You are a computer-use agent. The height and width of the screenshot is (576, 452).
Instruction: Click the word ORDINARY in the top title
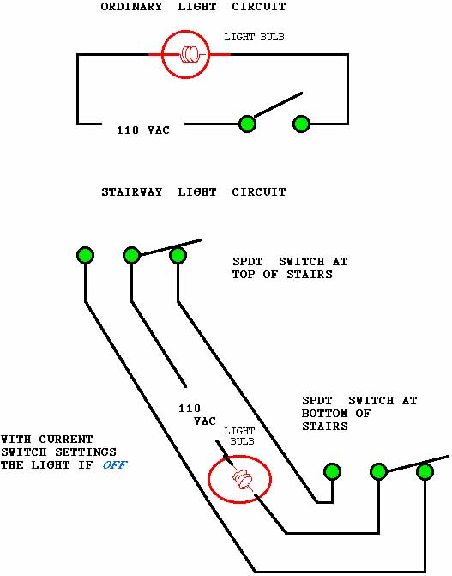[x=131, y=7]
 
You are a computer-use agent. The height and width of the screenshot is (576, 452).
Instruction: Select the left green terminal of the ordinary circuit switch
[x=247, y=124]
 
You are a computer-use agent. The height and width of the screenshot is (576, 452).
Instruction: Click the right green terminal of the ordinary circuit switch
[x=301, y=124]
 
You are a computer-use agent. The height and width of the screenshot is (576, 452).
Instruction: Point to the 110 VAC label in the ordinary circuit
[x=143, y=130]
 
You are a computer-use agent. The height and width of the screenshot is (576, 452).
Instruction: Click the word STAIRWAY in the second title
[x=132, y=192]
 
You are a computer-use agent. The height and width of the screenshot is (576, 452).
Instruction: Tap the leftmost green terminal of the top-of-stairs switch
[x=85, y=255]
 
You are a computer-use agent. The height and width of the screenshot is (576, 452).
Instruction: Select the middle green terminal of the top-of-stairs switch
[x=131, y=255]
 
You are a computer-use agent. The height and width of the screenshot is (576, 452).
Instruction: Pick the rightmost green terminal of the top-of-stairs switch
[x=178, y=255]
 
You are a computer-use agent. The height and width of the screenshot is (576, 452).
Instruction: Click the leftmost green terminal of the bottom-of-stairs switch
[x=332, y=471]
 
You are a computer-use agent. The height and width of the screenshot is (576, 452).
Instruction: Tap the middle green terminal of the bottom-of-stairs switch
[x=378, y=471]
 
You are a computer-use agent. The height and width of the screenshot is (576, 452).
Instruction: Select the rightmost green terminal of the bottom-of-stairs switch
[x=425, y=471]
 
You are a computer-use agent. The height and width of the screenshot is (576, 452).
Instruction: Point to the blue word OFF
[x=115, y=465]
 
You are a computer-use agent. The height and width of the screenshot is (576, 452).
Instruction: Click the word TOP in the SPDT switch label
[x=244, y=275]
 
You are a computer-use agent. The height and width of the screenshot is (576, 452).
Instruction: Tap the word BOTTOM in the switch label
[x=324, y=413]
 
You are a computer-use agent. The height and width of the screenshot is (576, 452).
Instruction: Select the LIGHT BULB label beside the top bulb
[x=254, y=37]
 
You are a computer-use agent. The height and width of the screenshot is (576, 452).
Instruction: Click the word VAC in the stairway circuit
[x=205, y=421]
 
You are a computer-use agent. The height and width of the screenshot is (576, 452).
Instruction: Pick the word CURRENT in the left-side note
[x=66, y=440]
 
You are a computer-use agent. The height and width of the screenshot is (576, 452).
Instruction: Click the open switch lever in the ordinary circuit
[x=279, y=105]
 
